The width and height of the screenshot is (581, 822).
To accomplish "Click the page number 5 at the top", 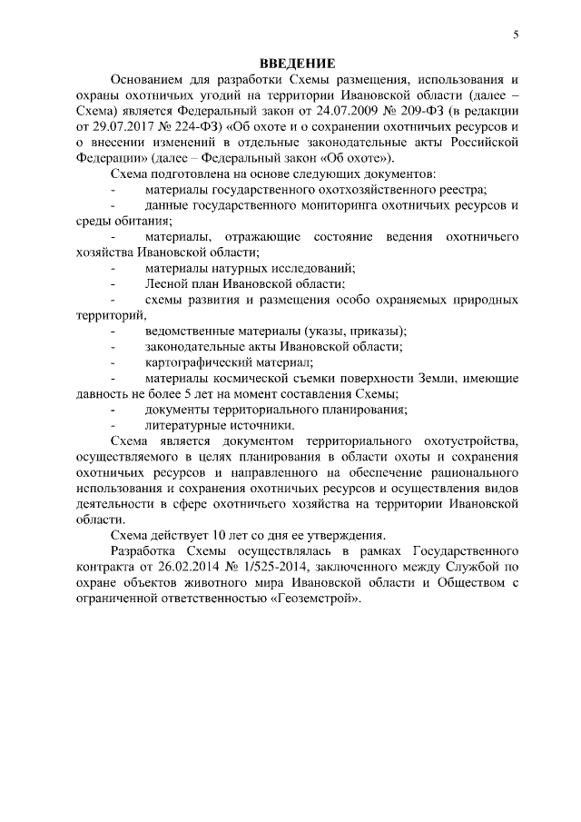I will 515,35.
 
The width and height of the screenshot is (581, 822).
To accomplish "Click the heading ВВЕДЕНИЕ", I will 298,63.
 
